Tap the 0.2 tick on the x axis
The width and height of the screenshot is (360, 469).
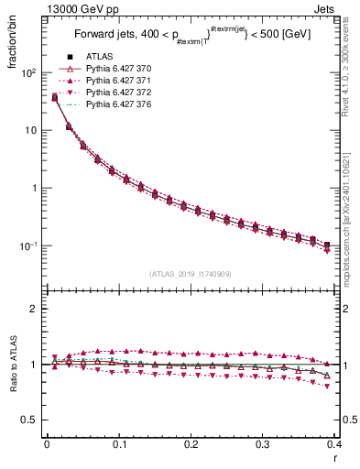click(191, 445)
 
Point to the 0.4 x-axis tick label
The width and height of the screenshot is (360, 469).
click(333, 445)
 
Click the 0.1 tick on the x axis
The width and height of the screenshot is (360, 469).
click(118, 445)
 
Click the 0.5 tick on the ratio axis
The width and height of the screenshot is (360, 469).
click(29, 420)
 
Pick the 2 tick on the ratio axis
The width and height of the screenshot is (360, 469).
click(34, 309)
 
